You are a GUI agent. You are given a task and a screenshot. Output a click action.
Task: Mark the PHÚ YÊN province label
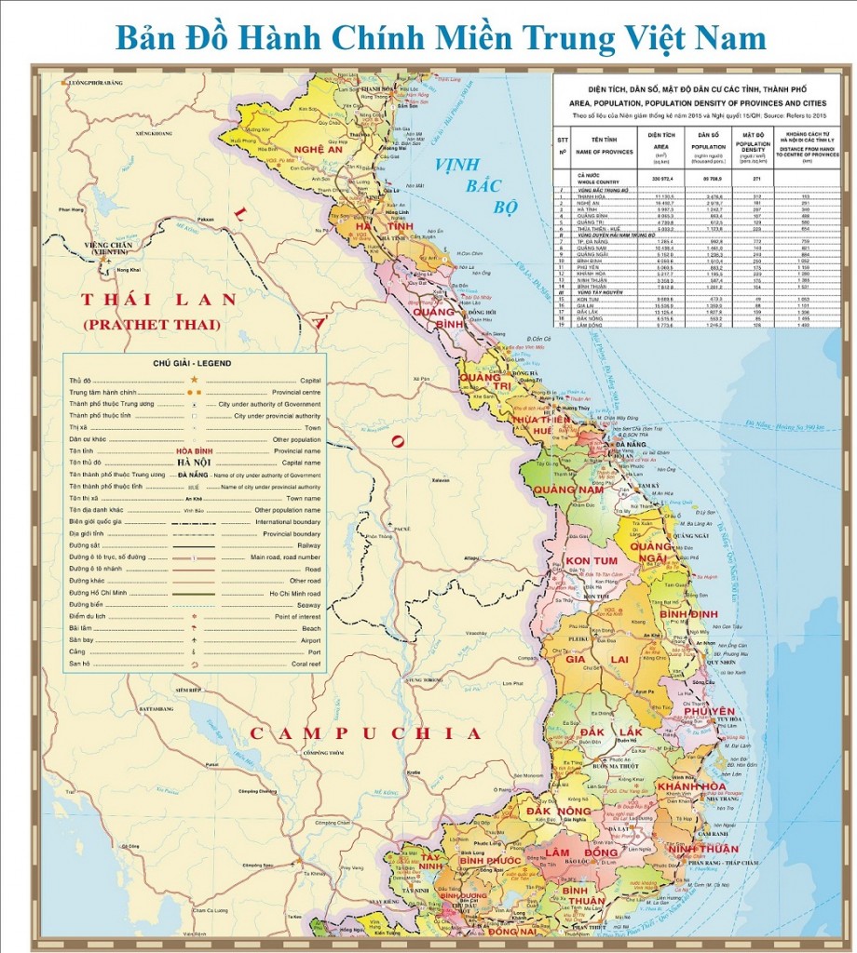click(710, 711)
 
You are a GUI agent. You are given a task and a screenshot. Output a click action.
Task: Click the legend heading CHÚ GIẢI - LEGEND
click(195, 363)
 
